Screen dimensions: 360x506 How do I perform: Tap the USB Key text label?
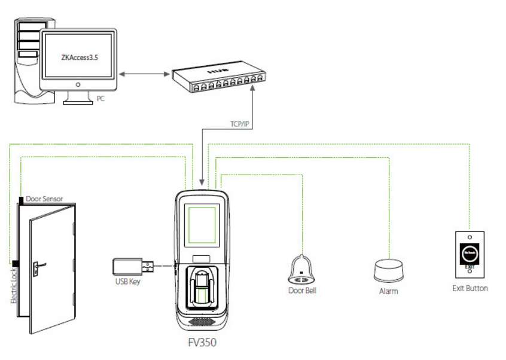127,281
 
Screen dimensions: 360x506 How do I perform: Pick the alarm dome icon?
389,270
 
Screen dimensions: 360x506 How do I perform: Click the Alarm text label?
388,291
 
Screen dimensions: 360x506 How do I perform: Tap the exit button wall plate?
470,254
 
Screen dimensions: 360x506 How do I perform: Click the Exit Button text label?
470,288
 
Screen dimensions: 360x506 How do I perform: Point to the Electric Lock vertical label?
13,286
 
